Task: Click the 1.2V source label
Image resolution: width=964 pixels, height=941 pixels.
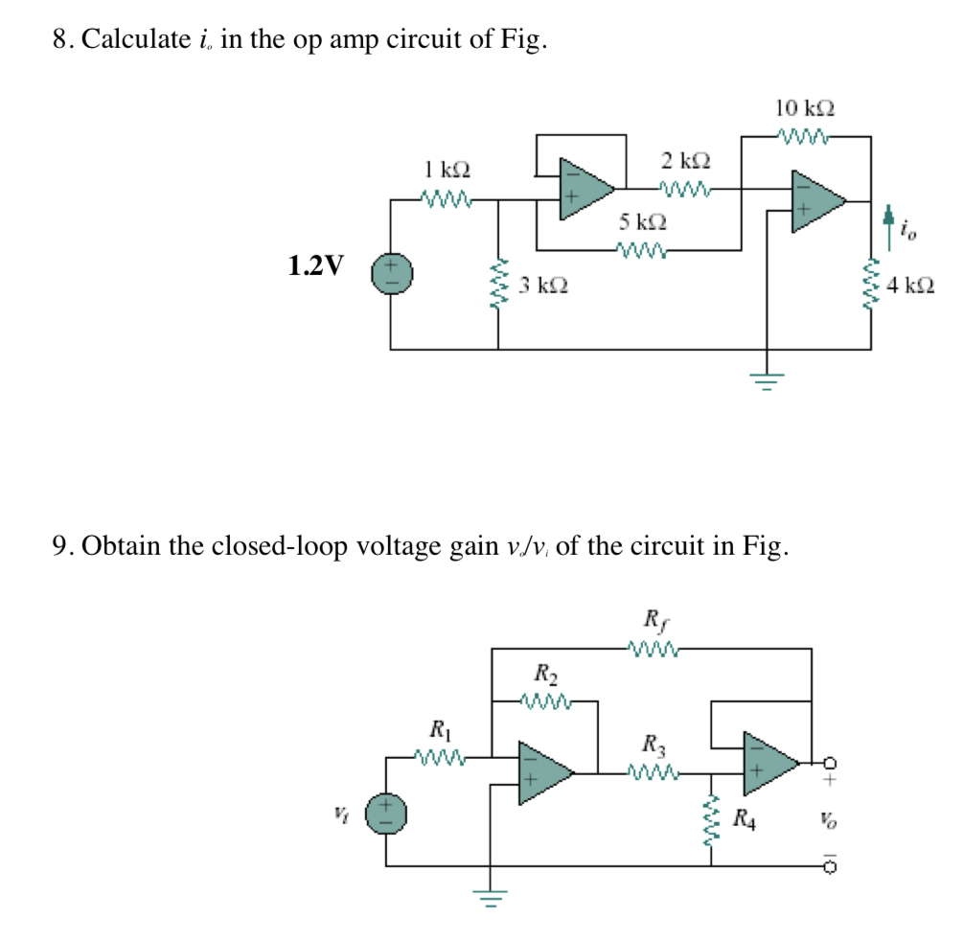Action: point(315,265)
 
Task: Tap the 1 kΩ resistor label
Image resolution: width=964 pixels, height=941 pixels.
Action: point(447,171)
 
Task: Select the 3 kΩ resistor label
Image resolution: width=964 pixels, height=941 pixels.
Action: point(543,285)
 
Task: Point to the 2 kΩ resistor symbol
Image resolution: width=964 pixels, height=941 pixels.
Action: point(685,188)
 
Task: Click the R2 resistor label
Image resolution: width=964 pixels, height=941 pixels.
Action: point(543,672)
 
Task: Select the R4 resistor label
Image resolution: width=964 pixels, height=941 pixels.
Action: point(746,819)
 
